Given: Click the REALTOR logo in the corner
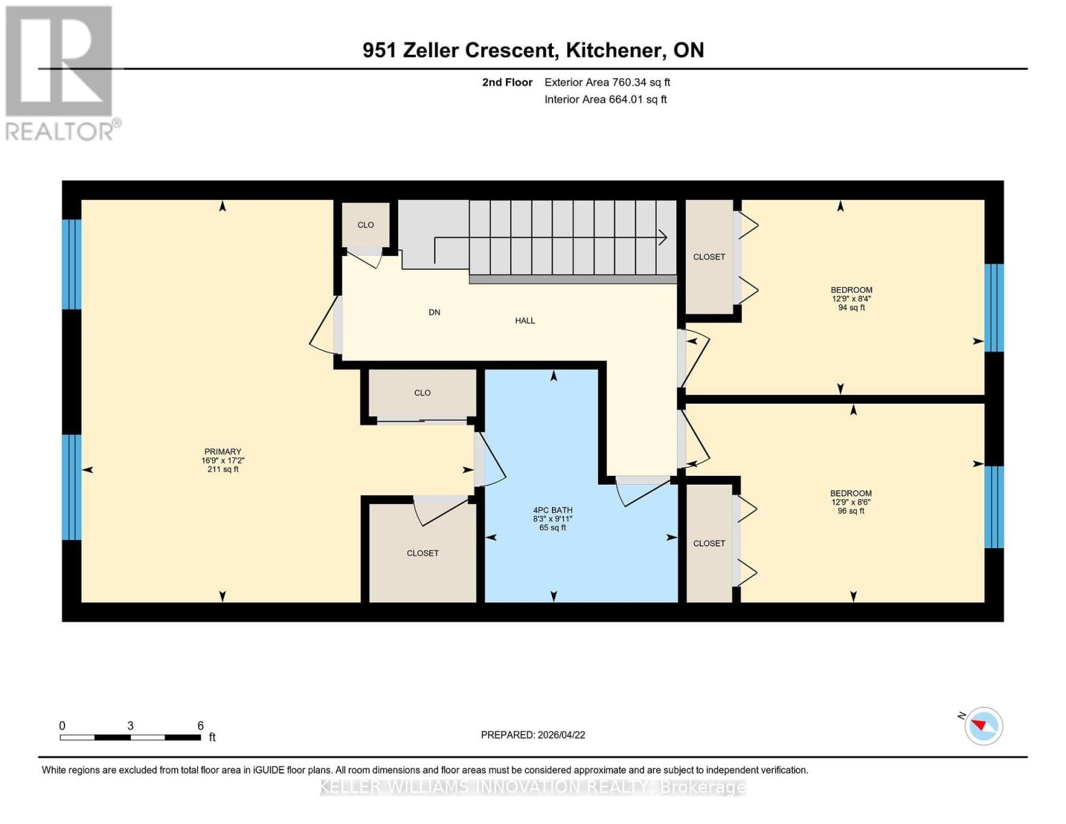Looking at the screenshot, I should click(x=60, y=73).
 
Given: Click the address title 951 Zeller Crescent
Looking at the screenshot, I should click(x=533, y=50).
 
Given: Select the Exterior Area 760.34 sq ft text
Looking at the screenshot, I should click(x=607, y=82).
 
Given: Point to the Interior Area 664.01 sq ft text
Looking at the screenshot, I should click(x=605, y=100).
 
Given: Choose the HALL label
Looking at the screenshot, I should click(x=525, y=321).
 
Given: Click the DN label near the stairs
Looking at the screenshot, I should click(x=434, y=312).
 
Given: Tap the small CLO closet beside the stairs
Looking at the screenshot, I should click(x=366, y=225).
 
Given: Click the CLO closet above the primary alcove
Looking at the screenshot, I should click(x=422, y=393).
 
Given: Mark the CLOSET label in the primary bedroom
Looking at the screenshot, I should click(x=422, y=553).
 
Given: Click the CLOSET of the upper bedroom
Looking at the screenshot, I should click(x=709, y=257).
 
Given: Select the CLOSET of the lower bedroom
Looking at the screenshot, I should click(x=709, y=543).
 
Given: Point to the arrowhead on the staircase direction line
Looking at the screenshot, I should click(x=663, y=238).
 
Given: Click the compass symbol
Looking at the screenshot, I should click(x=983, y=726).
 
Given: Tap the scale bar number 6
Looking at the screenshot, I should click(x=200, y=726).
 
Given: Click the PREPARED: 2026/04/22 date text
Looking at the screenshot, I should click(x=533, y=735).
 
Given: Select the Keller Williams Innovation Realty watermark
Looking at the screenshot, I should click(x=533, y=787).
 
